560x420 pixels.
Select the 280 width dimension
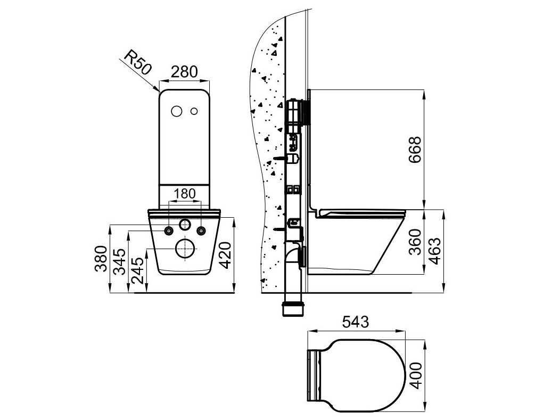184,71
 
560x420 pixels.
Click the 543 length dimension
356,322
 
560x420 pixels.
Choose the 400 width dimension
415,376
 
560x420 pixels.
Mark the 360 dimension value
415,242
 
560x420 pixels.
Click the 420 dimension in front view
226,256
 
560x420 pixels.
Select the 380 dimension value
101,259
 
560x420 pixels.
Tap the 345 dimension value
121,261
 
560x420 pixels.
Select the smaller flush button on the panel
194,111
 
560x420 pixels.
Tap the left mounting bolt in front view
169,230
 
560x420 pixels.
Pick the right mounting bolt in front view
201,230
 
